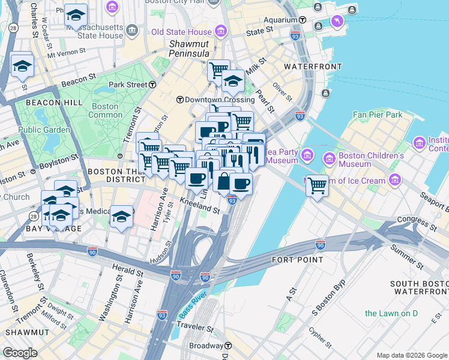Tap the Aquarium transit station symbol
click(x=303, y=20)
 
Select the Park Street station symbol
click(x=153, y=85)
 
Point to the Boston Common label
click(x=105, y=110)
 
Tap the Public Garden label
click(x=40, y=130)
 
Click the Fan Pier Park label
click(x=378, y=115)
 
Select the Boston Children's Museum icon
click(x=329, y=159)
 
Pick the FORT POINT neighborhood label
click(x=297, y=260)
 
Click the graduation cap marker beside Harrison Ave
click(x=121, y=217)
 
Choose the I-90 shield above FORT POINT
click(x=321, y=245)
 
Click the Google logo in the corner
click(x=20, y=353)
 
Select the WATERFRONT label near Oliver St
click(x=313, y=67)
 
